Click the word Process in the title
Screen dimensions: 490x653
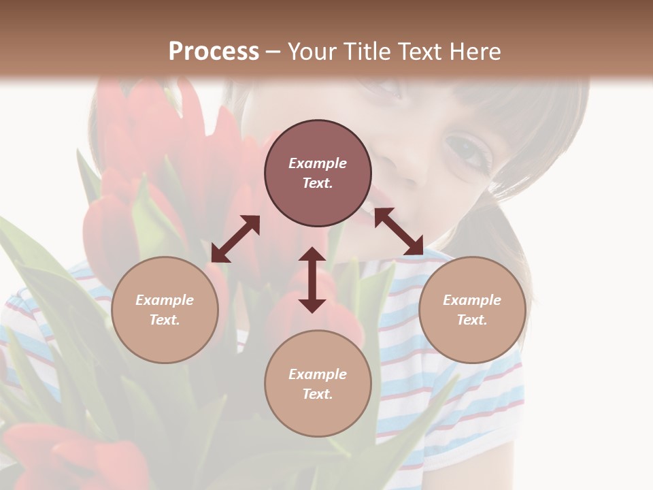click(214, 52)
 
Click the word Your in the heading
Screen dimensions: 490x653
click(311, 52)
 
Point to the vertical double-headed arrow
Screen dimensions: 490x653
click(312, 280)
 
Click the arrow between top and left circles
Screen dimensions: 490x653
click(235, 239)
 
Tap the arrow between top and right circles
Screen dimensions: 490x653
click(399, 231)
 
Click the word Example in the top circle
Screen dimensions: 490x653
click(318, 163)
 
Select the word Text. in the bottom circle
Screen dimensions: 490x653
click(318, 394)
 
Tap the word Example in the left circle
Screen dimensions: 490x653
click(165, 300)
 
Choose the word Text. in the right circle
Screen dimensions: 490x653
click(472, 320)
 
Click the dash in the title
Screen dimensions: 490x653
click(273, 52)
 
